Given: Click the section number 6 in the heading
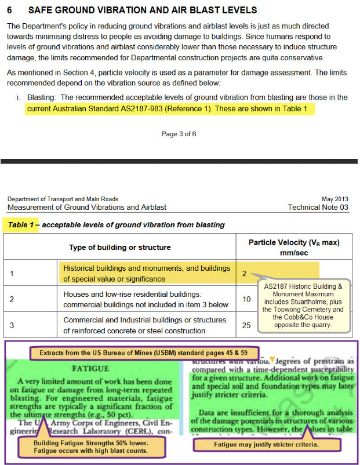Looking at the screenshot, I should (10, 10).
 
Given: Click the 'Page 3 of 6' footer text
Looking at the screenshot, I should (179, 134).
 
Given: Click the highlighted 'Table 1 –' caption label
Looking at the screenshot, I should (21, 225).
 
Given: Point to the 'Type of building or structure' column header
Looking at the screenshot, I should (120, 247).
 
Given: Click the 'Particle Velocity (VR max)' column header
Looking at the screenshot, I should (293, 242).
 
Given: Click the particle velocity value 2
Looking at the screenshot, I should (245, 273).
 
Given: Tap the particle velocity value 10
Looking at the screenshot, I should (246, 299).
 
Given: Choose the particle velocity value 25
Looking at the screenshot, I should (246, 325).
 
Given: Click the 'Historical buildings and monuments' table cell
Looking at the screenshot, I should (146, 273).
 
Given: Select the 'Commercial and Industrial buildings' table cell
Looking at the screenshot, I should (145, 325).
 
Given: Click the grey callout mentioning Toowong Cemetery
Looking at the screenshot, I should (304, 306).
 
